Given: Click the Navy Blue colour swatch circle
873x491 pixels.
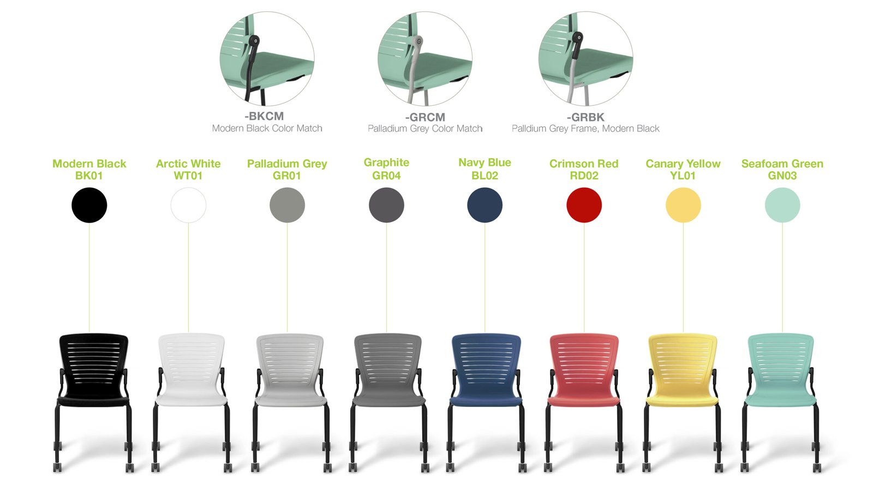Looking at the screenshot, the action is [x=485, y=205].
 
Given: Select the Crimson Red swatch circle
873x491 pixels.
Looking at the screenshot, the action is [x=584, y=205].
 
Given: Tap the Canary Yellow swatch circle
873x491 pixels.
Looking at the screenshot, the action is [x=683, y=205].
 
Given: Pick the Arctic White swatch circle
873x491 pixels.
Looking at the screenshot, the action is [x=188, y=205].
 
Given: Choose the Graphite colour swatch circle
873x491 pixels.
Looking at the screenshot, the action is [x=386, y=205].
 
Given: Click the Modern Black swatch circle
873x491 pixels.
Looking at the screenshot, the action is [x=89, y=205].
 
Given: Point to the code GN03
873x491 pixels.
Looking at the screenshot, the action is [x=782, y=176].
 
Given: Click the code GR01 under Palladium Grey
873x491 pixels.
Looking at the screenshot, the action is [x=287, y=176].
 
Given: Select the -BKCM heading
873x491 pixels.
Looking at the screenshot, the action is [x=264, y=116].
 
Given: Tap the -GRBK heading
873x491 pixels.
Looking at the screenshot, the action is [x=585, y=117].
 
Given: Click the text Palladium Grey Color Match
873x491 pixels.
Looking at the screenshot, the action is [x=425, y=129].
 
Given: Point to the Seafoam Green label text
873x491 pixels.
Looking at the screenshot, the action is [x=782, y=164].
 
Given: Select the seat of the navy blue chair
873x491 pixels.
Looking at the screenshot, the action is [x=486, y=400].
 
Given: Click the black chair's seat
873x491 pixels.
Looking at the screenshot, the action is [x=93, y=401].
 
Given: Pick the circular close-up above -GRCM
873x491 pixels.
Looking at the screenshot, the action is [x=425, y=58].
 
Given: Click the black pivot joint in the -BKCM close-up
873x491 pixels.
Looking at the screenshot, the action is [x=254, y=41].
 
